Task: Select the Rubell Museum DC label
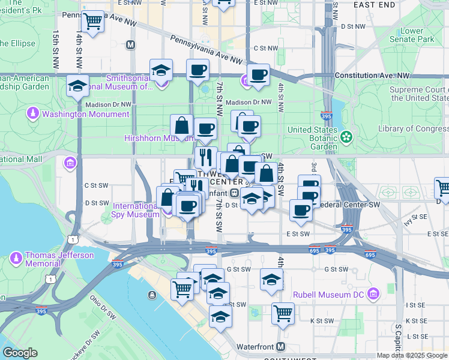click(330, 295)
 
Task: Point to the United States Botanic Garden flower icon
click(346, 137)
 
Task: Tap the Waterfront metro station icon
click(281, 347)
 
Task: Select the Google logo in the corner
click(19, 353)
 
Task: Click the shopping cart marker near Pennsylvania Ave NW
click(92, 22)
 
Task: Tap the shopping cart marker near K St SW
click(282, 313)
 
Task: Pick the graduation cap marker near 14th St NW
click(78, 86)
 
